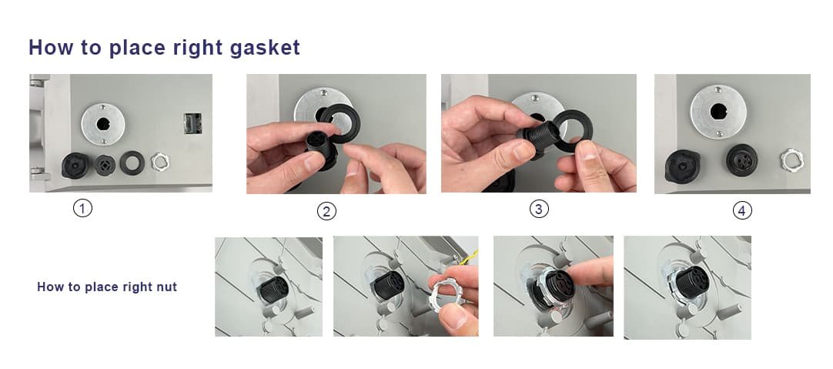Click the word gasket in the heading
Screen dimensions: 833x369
[x=265, y=47]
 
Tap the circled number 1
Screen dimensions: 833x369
[x=82, y=208]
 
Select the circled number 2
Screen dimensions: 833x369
[x=326, y=212]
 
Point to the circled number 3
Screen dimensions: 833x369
[x=539, y=209]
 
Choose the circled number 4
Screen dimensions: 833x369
[x=742, y=210]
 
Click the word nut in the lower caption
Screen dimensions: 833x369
[x=168, y=287]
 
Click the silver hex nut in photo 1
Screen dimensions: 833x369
[x=159, y=162]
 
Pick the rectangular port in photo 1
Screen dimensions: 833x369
[x=192, y=122]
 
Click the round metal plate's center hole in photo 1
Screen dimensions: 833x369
[x=102, y=124]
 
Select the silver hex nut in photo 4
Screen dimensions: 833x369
[x=791, y=160]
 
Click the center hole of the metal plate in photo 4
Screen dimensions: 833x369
[x=718, y=112]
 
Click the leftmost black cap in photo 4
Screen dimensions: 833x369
[x=682, y=166]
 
